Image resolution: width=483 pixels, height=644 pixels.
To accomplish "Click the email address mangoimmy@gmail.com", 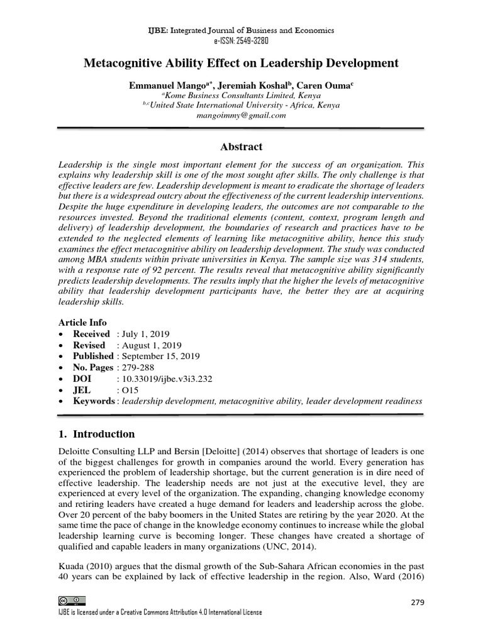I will tap(241, 115).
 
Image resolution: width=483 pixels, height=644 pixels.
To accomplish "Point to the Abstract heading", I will tap(241, 147).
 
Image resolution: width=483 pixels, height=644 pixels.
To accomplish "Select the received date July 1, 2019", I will tap(143, 334).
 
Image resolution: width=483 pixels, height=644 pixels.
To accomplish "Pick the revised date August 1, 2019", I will tap(148, 345).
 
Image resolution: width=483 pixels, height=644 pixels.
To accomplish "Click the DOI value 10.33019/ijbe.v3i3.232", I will tap(165, 379).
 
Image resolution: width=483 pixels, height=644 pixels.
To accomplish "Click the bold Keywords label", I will tap(94, 401).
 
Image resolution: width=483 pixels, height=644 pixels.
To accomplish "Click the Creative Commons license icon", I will tap(71, 601).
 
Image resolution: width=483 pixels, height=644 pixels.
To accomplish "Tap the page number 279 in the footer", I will tap(417, 602).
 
